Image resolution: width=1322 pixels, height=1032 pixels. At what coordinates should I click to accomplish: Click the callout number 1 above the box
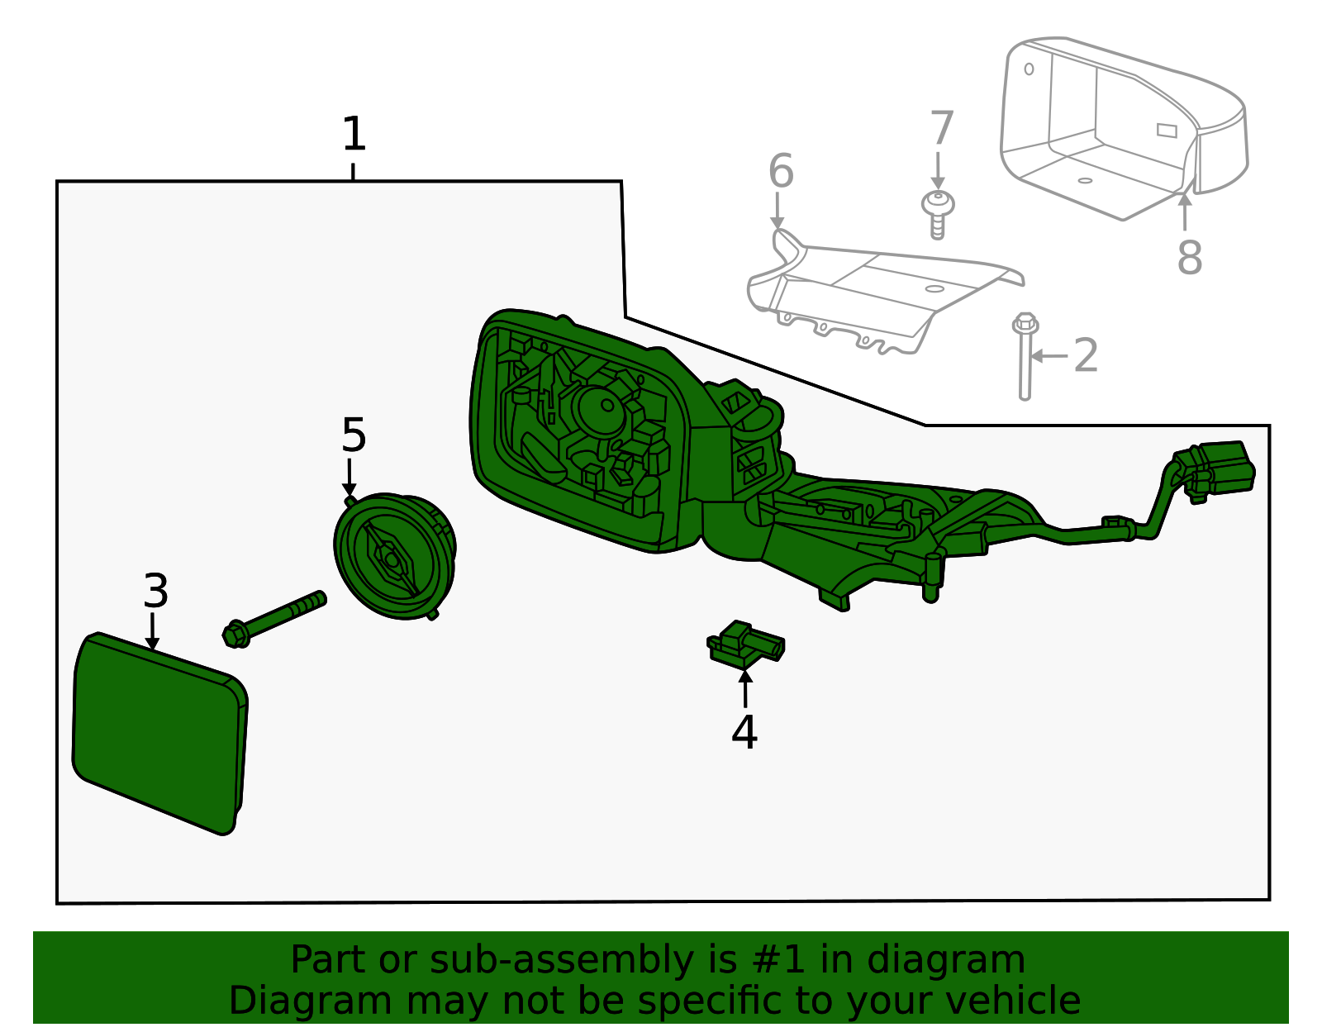(354, 134)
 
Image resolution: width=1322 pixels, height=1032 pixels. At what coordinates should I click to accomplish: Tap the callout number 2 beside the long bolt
(1086, 355)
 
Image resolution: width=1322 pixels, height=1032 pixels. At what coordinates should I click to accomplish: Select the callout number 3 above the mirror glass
(155, 591)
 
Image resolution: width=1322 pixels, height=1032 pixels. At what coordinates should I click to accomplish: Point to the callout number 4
(744, 732)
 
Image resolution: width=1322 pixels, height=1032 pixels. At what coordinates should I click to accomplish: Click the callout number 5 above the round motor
(354, 435)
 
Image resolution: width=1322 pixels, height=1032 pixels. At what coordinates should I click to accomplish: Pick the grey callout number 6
(781, 171)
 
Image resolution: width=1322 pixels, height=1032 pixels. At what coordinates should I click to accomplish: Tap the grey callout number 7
(942, 128)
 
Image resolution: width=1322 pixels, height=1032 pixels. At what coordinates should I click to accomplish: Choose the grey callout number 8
(1190, 257)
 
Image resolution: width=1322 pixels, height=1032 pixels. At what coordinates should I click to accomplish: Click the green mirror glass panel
(160, 733)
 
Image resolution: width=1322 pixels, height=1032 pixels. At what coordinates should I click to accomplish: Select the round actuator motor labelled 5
(395, 556)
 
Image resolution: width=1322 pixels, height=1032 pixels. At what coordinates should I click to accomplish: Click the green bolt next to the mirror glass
(274, 619)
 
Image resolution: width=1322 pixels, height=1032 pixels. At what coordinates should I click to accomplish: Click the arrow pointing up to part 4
(745, 687)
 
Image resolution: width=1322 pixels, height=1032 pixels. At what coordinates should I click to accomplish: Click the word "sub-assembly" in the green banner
(562, 959)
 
